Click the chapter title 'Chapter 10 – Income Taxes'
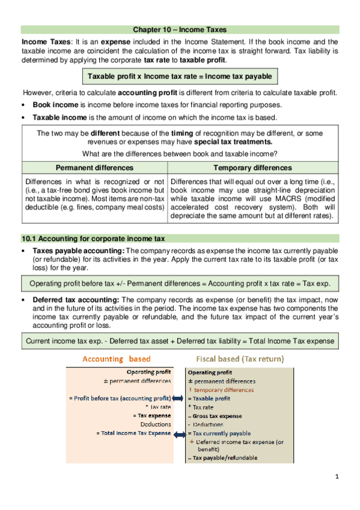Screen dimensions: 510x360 point(180,29)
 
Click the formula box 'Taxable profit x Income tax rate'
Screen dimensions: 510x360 point(180,76)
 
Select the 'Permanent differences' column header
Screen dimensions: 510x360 point(95,168)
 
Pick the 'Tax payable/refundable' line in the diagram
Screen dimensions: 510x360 point(225,458)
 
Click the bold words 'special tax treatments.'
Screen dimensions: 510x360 point(233,142)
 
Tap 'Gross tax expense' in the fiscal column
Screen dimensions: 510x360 point(217,416)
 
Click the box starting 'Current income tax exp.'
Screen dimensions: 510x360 point(180,341)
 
